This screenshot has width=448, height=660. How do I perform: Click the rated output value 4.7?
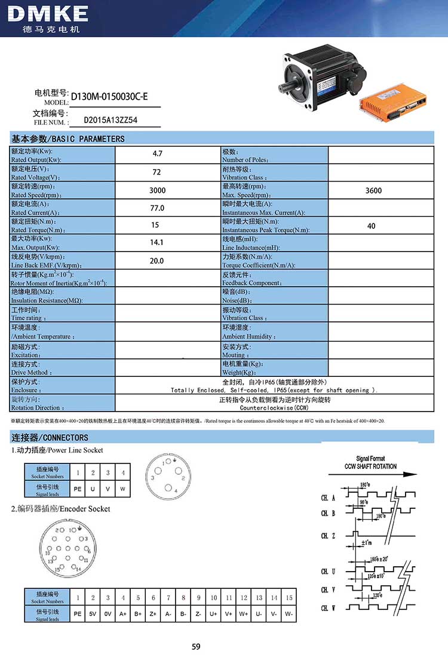tap(158, 154)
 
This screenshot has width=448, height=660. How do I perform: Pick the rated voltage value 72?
tap(158, 172)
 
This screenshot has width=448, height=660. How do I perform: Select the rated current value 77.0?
tap(158, 208)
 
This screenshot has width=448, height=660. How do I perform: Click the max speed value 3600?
tap(373, 191)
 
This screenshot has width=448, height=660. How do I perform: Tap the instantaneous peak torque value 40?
tap(372, 226)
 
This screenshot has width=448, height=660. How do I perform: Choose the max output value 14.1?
tap(158, 243)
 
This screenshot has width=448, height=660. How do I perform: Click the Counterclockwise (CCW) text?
tap(274, 408)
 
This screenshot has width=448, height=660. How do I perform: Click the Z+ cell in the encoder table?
tap(154, 614)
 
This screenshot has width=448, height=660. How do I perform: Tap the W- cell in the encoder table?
tap(289, 614)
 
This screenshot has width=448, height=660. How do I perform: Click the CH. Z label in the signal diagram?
tap(328, 536)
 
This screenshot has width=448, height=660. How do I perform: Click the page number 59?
tap(197, 646)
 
